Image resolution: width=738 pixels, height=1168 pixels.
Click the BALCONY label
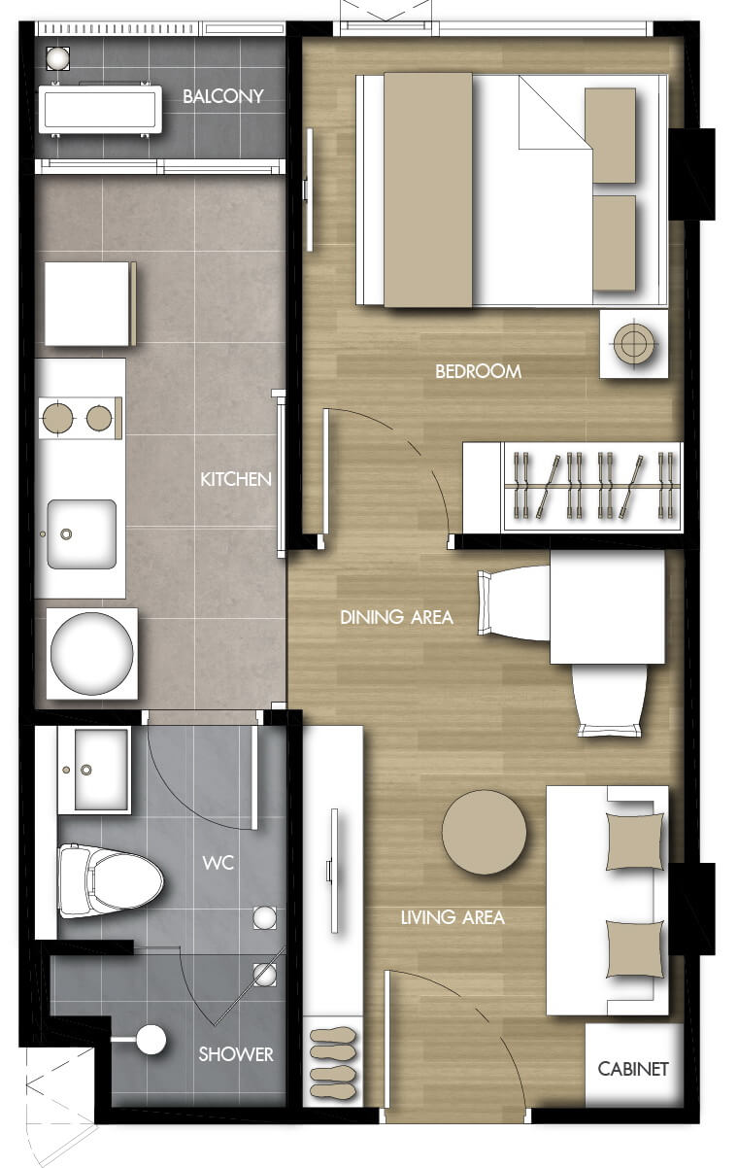pyautogui.click(x=222, y=96)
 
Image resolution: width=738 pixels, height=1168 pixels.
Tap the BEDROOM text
pyautogui.click(x=478, y=371)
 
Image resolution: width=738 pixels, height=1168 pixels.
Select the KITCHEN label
pyautogui.click(x=236, y=479)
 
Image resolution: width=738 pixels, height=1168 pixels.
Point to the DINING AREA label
pyautogui.click(x=396, y=617)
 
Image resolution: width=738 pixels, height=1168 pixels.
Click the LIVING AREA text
pyautogui.click(x=453, y=917)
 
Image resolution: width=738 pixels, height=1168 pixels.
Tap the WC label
pyautogui.click(x=218, y=863)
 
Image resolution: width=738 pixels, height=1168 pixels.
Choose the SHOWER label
pyautogui.click(x=236, y=1054)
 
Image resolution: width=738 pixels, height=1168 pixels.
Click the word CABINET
pyautogui.click(x=633, y=1069)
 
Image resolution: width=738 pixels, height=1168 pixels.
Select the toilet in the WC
pyautogui.click(x=110, y=882)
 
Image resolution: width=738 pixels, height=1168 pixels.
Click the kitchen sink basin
pyautogui.click(x=82, y=533)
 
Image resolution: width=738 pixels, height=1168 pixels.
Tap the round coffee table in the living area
pyautogui.click(x=485, y=832)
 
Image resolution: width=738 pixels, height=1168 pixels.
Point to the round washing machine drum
pyautogui.click(x=91, y=653)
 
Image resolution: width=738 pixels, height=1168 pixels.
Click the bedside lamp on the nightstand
pyautogui.click(x=633, y=344)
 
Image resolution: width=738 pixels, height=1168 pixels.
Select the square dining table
pyautogui.click(x=607, y=607)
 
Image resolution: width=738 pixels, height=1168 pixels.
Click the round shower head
pyautogui.click(x=151, y=1039)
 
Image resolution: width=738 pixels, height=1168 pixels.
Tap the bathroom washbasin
pyautogui.click(x=94, y=770)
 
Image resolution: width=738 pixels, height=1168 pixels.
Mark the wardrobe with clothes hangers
pyautogui.click(x=572, y=487)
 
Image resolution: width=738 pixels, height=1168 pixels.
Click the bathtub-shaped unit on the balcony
pyautogui.click(x=100, y=110)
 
